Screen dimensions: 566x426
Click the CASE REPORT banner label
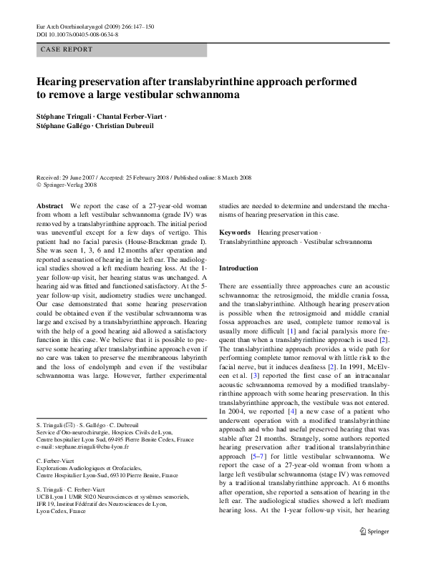(67, 49)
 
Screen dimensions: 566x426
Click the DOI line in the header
(77, 34)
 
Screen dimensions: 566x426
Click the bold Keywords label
(234, 233)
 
